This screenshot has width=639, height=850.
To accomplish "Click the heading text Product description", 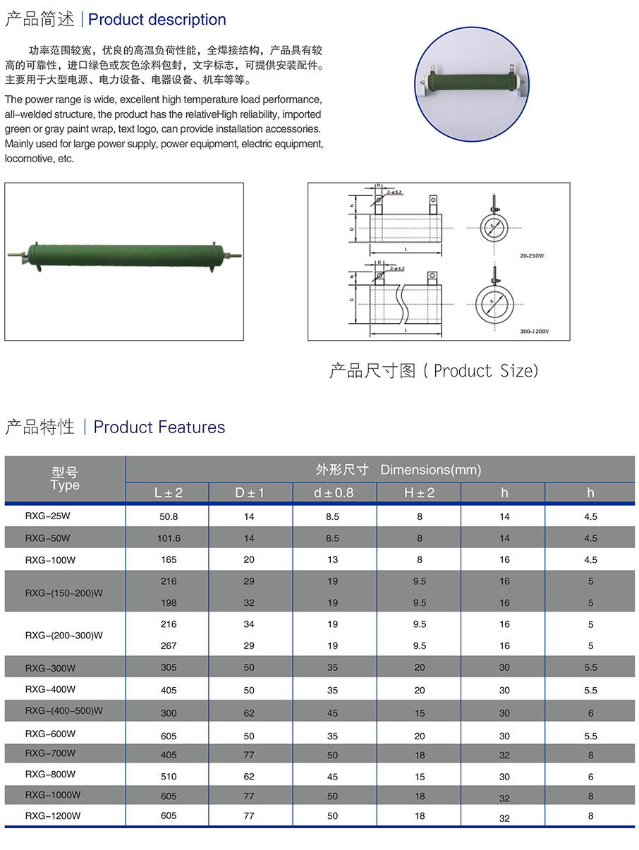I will point(157,20).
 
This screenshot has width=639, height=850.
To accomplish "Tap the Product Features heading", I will point(159,427).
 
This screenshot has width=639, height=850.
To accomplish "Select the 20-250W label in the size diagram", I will point(532,256).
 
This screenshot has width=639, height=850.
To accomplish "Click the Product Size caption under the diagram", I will point(433,371).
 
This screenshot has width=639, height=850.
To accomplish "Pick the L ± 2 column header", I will point(169,492).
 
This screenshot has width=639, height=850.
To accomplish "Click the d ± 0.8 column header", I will point(334,492).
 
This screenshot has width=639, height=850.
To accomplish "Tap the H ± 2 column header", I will point(419,492).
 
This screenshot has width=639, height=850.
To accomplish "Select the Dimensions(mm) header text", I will point(430,470).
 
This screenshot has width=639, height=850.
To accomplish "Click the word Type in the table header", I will point(65,485).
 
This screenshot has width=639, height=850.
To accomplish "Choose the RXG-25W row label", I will point(48,516).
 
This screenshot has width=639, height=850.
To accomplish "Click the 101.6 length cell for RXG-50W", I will point(169,538).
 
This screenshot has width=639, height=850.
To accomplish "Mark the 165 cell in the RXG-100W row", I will point(169,559).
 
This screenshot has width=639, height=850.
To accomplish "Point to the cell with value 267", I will point(169,645).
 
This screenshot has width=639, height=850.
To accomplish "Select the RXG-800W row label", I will point(50,774).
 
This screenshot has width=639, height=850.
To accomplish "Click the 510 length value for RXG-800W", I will point(169,777).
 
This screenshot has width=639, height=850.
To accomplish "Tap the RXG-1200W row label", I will point(53,816).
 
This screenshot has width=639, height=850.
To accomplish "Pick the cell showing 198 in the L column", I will point(169,603).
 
